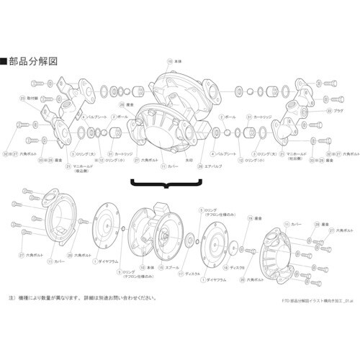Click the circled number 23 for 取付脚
point(22,96)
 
